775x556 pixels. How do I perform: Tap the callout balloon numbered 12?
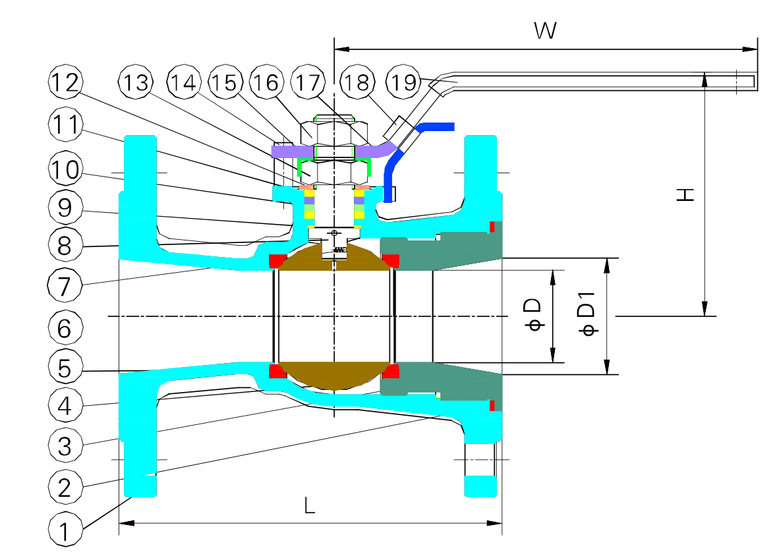[x=65, y=83]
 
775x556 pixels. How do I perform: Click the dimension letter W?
[x=545, y=30]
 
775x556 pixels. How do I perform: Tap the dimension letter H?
[x=685, y=194]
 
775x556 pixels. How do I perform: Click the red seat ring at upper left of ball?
[x=277, y=262]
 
